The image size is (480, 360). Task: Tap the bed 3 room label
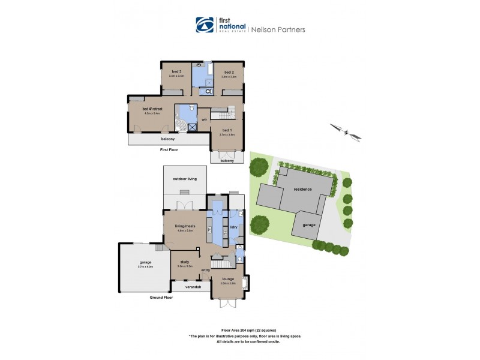click(x=176, y=72)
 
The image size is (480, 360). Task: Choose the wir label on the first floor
click(x=204, y=119)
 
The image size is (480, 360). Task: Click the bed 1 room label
click(x=226, y=130)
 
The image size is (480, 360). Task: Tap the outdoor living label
click(x=185, y=178)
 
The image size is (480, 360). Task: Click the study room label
click(x=184, y=262)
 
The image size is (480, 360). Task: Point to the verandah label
click(x=191, y=287)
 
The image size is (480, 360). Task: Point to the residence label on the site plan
click(x=302, y=189)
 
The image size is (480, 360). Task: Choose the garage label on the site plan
click(x=308, y=225)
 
